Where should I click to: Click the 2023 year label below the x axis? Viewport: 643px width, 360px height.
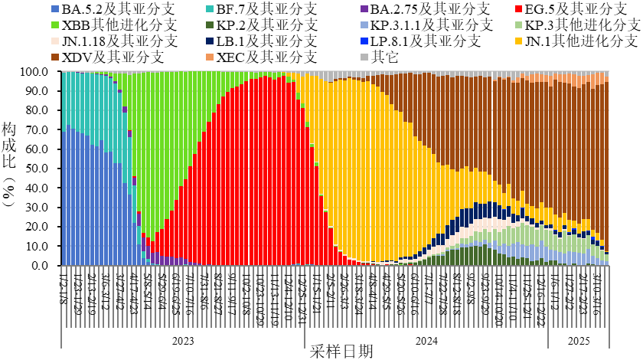183,341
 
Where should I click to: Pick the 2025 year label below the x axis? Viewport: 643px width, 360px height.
579,341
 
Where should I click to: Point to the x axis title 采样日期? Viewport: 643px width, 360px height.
342,352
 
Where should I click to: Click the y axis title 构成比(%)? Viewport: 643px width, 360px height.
8,165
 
